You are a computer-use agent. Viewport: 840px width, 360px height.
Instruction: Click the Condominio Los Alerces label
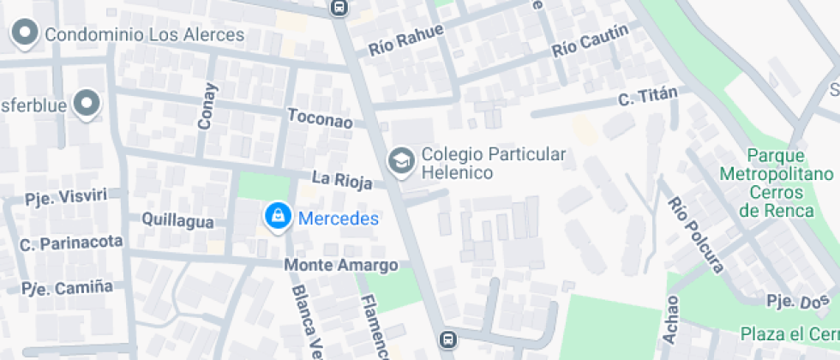[144, 35]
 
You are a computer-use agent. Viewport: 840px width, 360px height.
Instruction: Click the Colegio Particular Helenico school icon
[399, 159]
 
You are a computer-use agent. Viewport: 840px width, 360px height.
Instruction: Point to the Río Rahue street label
[406, 40]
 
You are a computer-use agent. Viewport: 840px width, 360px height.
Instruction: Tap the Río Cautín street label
[591, 39]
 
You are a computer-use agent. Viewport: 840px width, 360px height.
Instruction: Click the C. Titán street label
[648, 97]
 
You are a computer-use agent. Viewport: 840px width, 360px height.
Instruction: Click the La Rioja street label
[342, 179]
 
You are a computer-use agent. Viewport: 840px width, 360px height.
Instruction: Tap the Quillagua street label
[177, 221]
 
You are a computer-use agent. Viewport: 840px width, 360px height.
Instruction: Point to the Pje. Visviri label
[66, 196]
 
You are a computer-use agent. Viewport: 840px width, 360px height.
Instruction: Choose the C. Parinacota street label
[71, 243]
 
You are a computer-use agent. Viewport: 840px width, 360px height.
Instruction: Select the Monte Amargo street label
[341, 265]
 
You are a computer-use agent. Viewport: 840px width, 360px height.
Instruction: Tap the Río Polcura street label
[694, 235]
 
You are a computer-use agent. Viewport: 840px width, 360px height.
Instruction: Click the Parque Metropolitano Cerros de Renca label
[776, 183]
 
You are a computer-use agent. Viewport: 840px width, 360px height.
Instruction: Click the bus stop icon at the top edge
[340, 8]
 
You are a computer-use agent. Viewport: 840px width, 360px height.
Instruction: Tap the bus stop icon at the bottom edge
[447, 340]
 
